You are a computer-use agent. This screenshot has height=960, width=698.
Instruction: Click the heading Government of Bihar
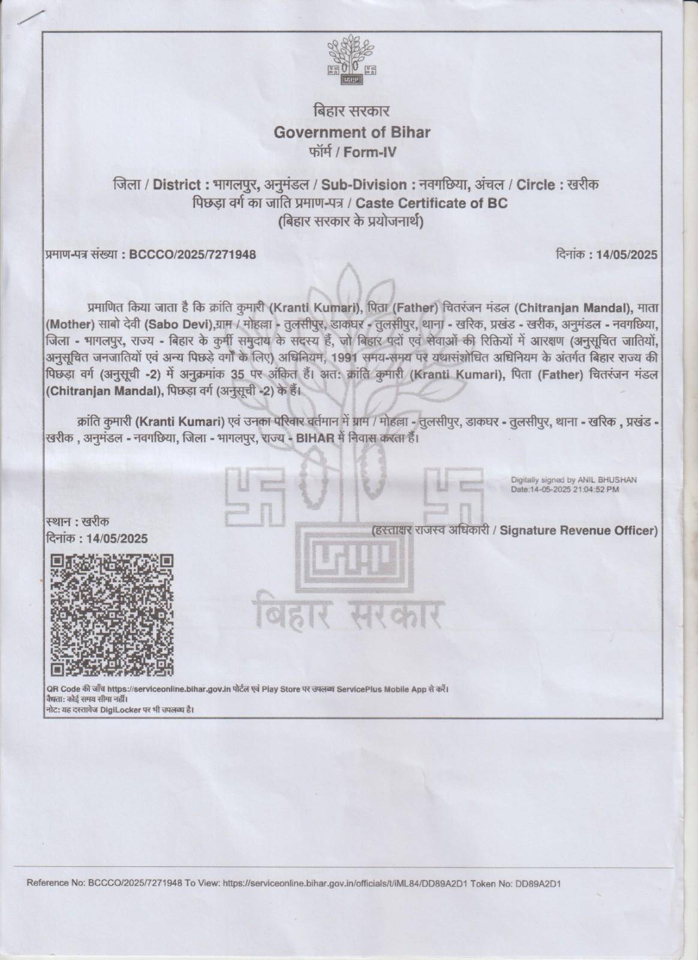pos(351,132)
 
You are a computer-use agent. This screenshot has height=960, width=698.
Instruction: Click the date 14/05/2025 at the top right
pos(627,254)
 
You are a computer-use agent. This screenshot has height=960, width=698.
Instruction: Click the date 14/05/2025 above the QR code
pos(117,538)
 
